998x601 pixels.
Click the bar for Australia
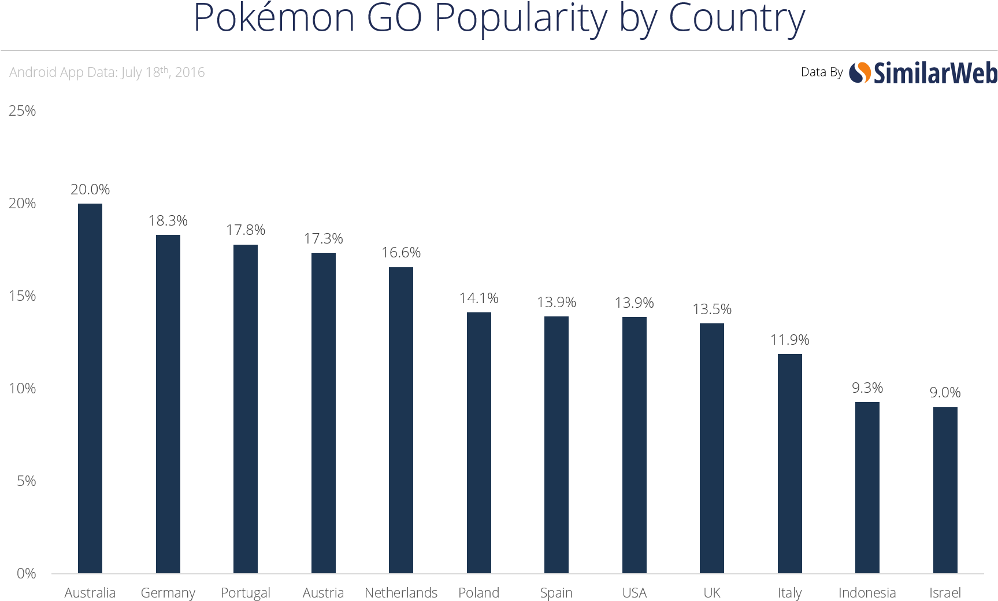90,388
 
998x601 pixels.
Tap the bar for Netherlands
401,420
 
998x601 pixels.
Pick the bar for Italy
789,463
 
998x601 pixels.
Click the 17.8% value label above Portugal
246,230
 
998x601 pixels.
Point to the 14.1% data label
479,298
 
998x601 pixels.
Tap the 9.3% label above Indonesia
867,388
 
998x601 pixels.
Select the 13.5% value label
712,309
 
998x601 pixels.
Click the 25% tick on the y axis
22,110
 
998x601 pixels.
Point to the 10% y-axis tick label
22,388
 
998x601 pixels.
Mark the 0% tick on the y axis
26,573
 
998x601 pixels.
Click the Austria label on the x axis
323,593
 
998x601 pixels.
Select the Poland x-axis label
478,593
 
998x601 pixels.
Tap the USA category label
635,593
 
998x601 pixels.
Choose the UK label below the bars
712,593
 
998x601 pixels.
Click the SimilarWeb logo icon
860,73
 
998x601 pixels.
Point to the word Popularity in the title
521,19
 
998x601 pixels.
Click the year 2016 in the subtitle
190,72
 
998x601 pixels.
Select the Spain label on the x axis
556,593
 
